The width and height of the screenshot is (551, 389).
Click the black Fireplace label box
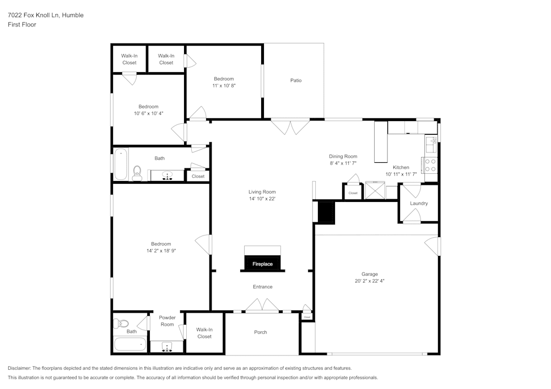[263, 264]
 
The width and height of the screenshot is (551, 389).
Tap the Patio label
[296, 80]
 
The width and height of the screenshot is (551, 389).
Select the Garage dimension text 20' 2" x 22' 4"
[370, 281]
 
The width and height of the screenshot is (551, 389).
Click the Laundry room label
[419, 204]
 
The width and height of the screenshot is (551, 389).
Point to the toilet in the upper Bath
[137, 172]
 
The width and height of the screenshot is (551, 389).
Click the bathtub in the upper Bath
[122, 164]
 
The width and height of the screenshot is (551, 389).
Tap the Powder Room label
[167, 321]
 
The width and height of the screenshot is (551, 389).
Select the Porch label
[261, 332]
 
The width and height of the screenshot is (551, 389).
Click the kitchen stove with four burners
[430, 166]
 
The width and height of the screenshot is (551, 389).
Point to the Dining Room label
[343, 156]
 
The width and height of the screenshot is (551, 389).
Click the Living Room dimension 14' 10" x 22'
[262, 199]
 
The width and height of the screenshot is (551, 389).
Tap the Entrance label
[262, 287]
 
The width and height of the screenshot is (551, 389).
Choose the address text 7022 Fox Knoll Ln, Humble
[46, 15]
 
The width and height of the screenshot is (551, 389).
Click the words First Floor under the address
[22, 25]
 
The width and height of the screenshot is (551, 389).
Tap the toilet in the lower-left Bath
[121, 324]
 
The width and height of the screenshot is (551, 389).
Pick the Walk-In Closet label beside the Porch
[204, 333]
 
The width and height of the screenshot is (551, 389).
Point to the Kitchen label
[401, 167]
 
